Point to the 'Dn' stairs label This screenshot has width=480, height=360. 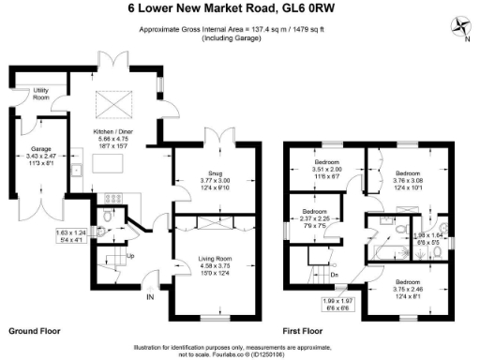pyautogui.click(x=334, y=275)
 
